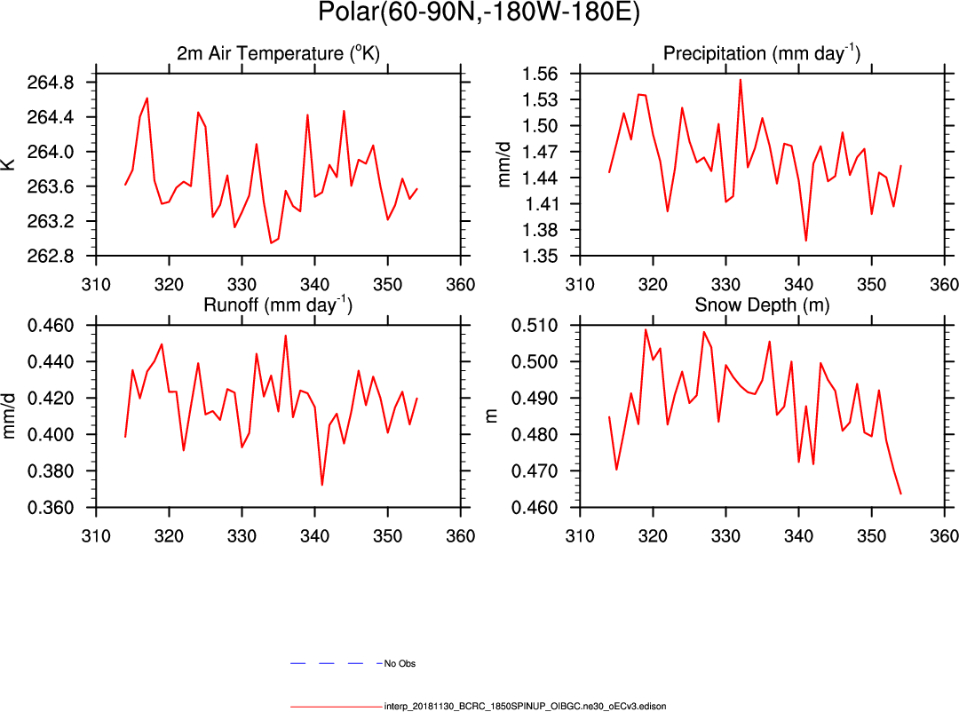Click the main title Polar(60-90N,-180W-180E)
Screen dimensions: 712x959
(x=479, y=14)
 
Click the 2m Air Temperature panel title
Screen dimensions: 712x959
(x=277, y=54)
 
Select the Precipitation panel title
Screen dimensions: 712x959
(x=761, y=54)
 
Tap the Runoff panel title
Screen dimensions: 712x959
(x=278, y=306)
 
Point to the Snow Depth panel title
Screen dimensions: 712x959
(x=761, y=306)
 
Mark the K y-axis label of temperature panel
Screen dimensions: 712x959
(x=11, y=164)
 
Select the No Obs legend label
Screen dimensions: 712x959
(x=400, y=664)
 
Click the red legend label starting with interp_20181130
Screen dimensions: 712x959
(x=525, y=707)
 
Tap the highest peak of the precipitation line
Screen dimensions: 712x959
(x=741, y=80)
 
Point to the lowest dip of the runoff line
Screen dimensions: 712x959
(x=321, y=485)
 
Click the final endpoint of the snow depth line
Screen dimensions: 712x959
(x=900, y=494)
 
